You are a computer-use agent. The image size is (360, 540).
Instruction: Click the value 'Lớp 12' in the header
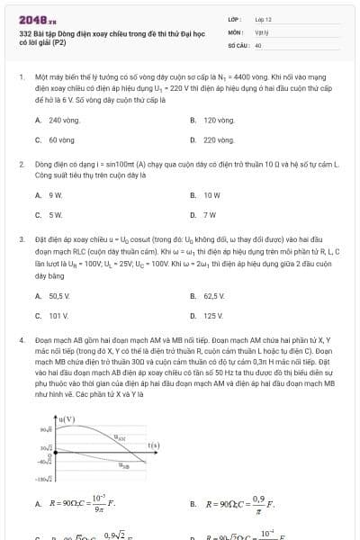pos(263,19)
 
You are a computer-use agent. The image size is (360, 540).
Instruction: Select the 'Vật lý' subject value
pos(261,31)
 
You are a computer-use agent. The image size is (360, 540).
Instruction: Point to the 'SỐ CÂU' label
pos(238,44)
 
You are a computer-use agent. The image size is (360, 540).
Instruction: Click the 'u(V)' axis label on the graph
pos(66,419)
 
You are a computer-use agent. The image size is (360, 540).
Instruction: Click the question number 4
pos(21,341)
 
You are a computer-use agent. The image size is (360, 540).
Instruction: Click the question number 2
pos(21,166)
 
